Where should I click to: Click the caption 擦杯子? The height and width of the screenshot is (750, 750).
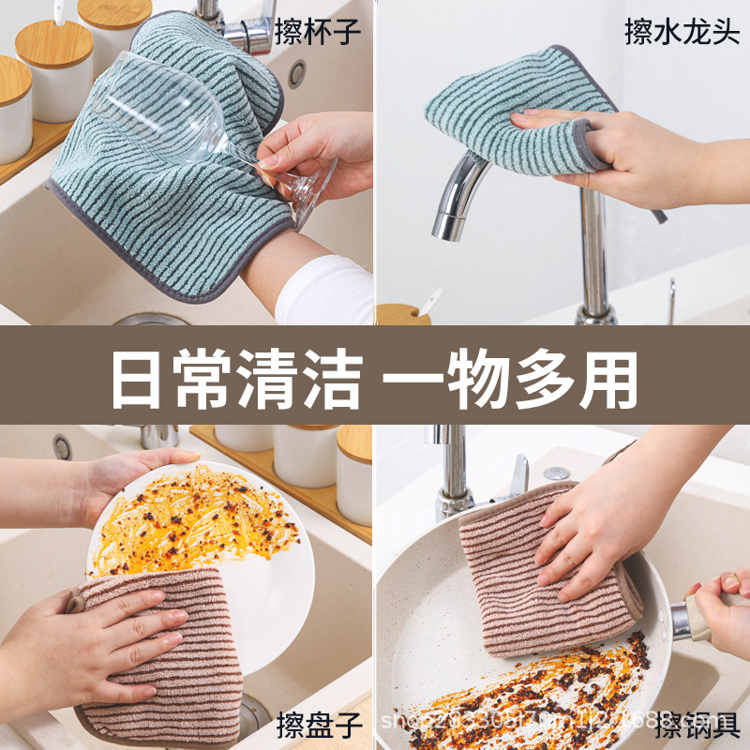click(x=317, y=32)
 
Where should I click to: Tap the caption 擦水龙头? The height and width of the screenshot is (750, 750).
click(x=682, y=32)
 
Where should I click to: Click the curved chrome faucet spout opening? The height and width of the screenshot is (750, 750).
click(x=445, y=228)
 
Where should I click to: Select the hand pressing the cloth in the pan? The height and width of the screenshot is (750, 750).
click(x=600, y=525)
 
